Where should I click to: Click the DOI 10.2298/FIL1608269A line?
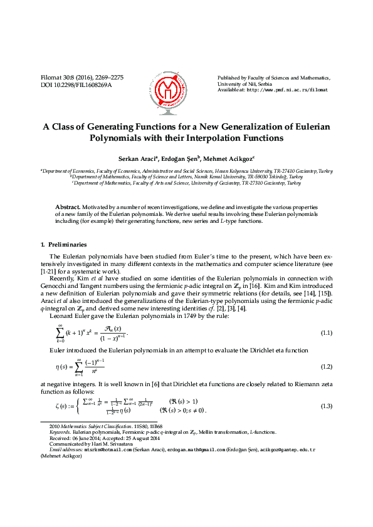pyautogui.click(x=76, y=84)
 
